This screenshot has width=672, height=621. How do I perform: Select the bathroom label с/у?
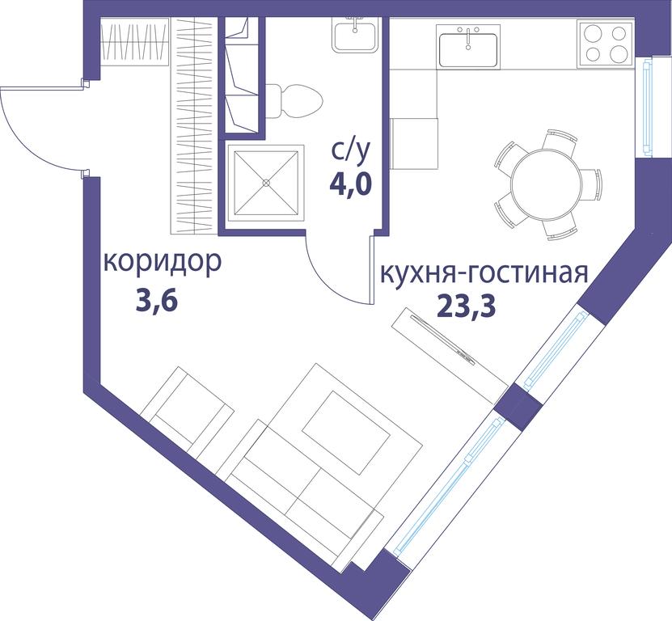(349, 151)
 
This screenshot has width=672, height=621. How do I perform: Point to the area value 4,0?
(350, 184)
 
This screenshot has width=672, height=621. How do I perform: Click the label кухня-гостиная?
(484, 273)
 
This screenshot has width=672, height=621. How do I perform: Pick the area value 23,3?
(467, 306)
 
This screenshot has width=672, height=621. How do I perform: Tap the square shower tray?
(266, 183)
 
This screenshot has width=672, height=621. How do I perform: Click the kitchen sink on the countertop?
(468, 46)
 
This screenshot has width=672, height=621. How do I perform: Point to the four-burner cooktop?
(606, 44)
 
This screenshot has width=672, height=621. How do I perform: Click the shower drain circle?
(266, 183)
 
